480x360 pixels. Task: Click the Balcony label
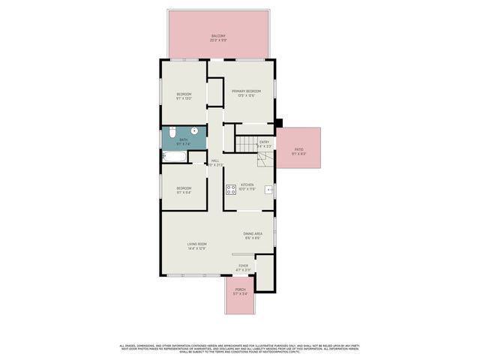218,37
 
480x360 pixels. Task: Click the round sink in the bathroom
193,130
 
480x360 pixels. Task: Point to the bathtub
174,157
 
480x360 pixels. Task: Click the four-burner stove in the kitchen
229,188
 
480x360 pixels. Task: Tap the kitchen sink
268,191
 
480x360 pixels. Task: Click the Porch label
240,291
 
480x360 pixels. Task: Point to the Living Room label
196,246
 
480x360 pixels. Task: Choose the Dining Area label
252,236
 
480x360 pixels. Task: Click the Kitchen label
247,186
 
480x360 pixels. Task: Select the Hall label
215,163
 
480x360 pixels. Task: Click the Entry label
264,143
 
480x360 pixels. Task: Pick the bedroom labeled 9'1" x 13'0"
184,95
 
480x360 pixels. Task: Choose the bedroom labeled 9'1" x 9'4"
184,190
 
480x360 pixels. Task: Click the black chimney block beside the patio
278,123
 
